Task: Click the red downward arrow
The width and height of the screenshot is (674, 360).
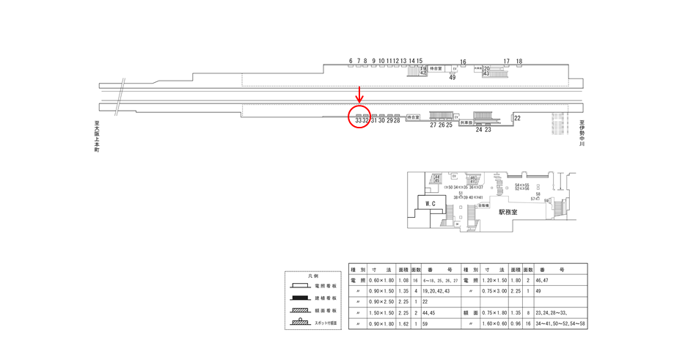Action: [359, 95]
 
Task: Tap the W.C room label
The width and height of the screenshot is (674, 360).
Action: [431, 203]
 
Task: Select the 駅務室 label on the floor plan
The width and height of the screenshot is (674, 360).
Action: [508, 212]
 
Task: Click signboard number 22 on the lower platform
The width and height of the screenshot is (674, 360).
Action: [517, 118]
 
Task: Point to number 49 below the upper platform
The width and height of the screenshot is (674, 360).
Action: [452, 77]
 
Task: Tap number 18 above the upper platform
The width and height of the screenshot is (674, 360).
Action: [519, 62]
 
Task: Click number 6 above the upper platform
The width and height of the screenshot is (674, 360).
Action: [351, 62]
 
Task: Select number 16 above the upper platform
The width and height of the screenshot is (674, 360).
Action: [463, 62]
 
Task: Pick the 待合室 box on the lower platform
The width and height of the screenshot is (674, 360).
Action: [413, 117]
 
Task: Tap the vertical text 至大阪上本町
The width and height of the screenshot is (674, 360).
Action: [96, 138]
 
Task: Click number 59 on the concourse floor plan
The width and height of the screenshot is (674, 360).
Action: [547, 200]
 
